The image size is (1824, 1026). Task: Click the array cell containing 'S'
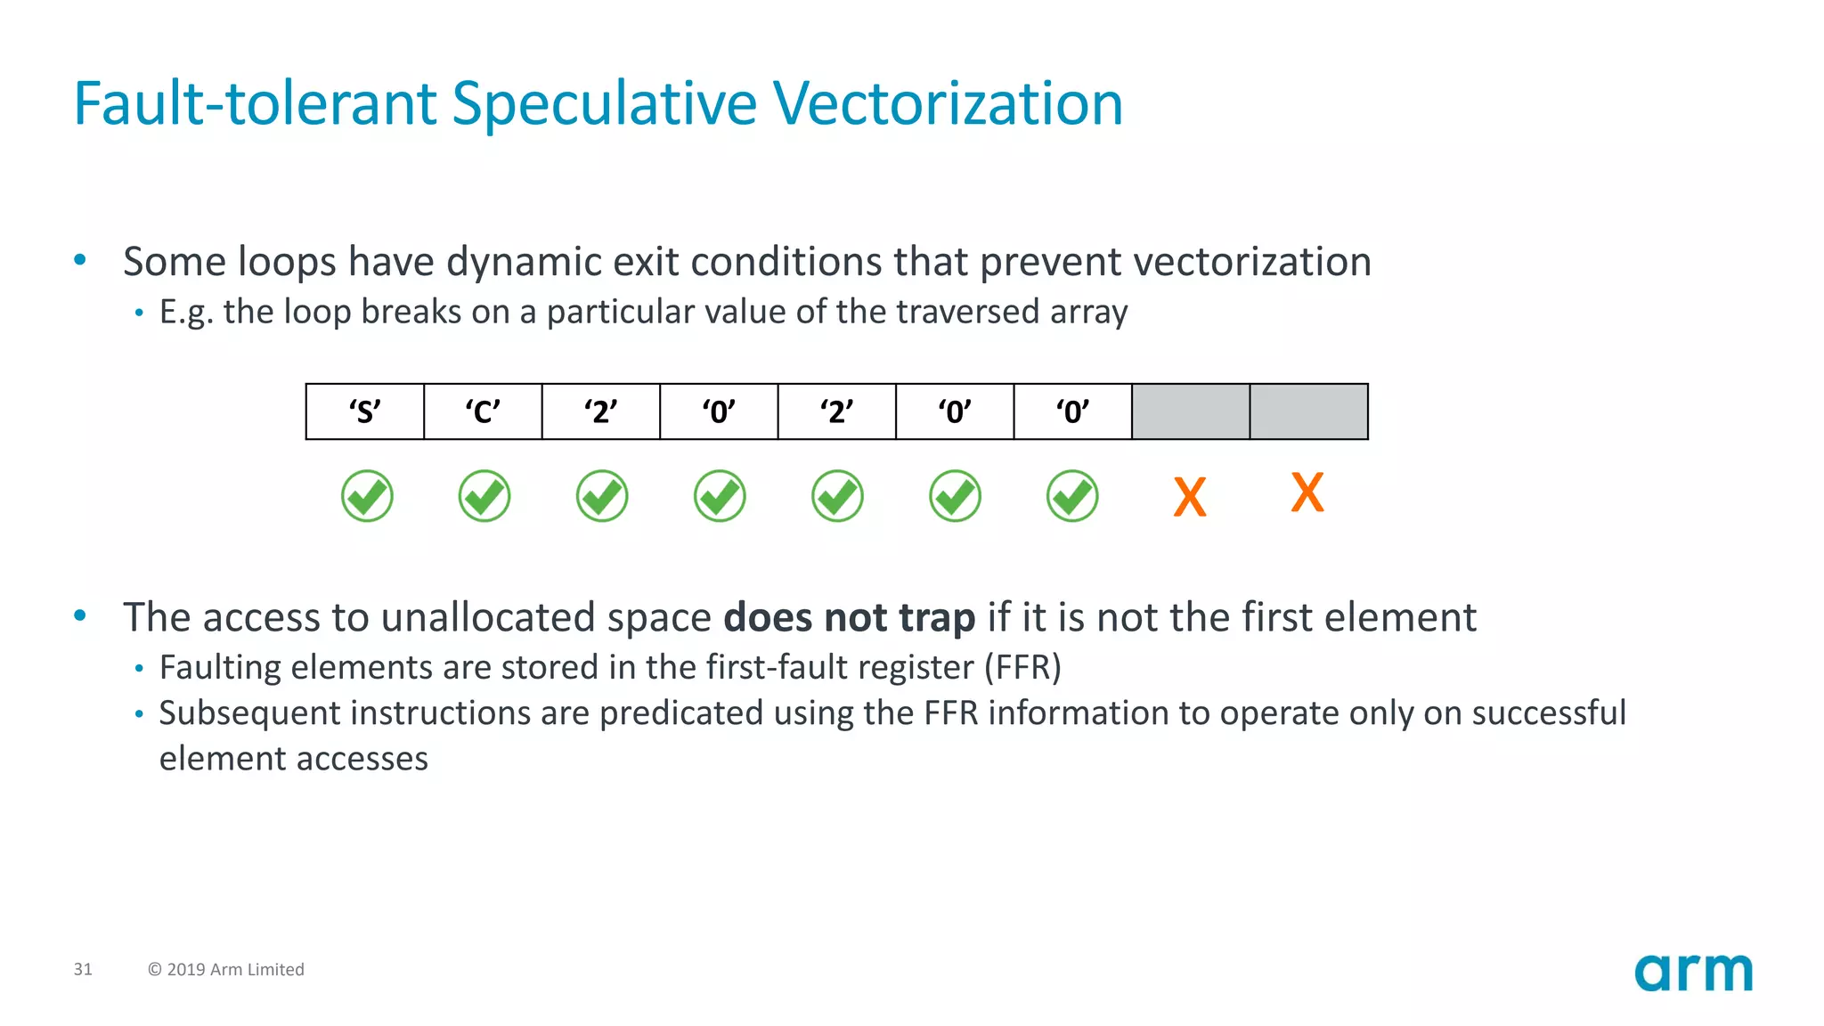[364, 411]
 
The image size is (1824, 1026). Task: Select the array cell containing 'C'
[483, 411]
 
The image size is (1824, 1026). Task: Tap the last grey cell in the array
[1308, 411]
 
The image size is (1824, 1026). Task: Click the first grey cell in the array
[1190, 411]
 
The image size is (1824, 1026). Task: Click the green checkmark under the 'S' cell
[367, 496]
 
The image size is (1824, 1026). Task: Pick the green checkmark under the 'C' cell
[484, 496]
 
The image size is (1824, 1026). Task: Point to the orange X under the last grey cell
[1307, 493]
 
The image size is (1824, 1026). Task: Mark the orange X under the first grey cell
[1190, 497]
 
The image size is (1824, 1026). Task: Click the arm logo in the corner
[1693, 973]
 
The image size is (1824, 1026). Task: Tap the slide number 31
[83, 969]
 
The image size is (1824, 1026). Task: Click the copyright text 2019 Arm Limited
[226, 969]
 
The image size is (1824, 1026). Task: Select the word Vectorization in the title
[948, 103]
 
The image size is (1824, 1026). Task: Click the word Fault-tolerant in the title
[254, 103]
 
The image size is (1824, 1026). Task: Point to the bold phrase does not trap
[849, 617]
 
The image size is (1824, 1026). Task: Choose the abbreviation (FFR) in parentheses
[1022, 667]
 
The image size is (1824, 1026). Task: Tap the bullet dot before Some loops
[80, 260]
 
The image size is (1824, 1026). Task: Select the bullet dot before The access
[80, 615]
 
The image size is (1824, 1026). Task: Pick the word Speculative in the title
[605, 103]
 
